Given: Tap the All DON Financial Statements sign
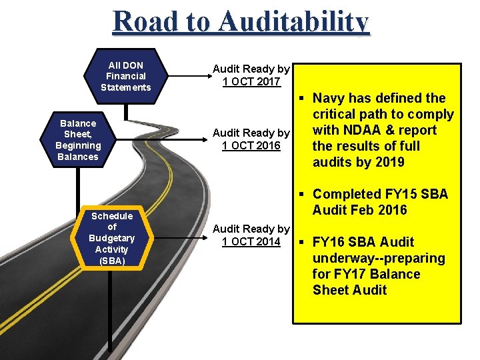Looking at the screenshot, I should click(126, 76).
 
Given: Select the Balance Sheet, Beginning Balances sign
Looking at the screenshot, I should click(78, 140).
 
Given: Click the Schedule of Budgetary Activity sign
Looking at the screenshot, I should click(112, 238).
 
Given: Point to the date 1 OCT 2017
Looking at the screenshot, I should click(251, 82).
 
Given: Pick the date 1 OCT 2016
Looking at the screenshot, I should click(251, 146).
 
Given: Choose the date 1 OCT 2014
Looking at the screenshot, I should click(251, 241).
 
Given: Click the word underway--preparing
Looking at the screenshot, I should click(379, 258).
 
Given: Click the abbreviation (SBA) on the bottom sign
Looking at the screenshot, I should click(112, 261).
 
